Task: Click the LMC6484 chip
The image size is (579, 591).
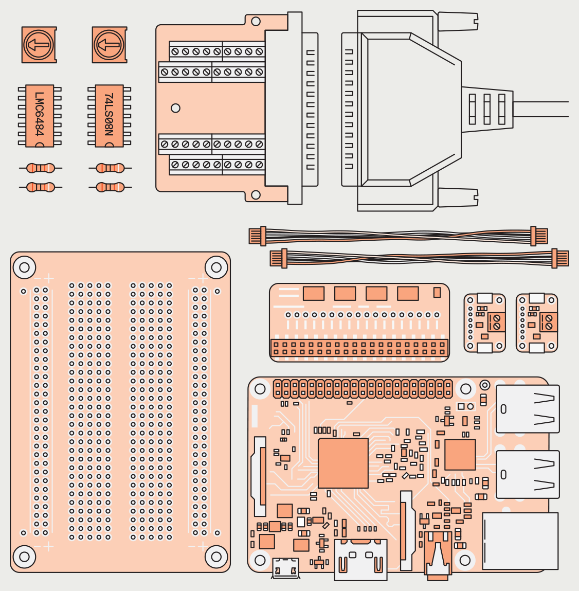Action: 40,116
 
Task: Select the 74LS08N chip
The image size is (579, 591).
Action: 110,116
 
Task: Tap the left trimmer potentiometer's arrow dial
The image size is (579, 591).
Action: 39,45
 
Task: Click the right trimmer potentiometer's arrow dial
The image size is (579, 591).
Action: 109,45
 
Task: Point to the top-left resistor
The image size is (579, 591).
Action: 40,168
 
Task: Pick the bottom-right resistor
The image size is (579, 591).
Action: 110,187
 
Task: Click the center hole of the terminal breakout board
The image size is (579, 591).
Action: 175,108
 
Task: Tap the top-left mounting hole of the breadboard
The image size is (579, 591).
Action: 24,267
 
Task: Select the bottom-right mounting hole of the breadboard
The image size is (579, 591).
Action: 216,556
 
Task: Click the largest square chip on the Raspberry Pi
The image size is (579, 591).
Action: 343,463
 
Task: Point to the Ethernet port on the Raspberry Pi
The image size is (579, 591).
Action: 520,540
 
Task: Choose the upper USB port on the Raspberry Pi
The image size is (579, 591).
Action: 528,409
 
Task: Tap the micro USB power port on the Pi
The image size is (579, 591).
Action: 285,568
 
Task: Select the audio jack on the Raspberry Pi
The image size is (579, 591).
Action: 438,561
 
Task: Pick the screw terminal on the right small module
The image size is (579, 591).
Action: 548,323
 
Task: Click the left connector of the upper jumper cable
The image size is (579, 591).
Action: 258,236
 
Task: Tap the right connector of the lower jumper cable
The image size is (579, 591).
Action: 560,258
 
